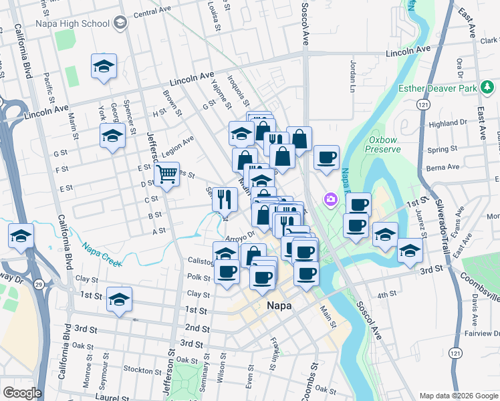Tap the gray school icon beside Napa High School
(120, 23)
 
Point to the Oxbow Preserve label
(384, 144)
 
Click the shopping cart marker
(166, 175)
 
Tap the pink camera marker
(330, 199)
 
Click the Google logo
(21, 393)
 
